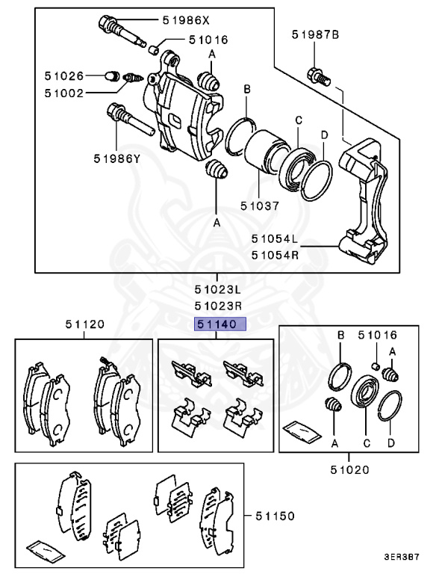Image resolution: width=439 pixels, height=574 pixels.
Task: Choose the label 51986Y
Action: click(x=117, y=158)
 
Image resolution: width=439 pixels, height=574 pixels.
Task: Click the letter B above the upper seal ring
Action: click(x=247, y=90)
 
